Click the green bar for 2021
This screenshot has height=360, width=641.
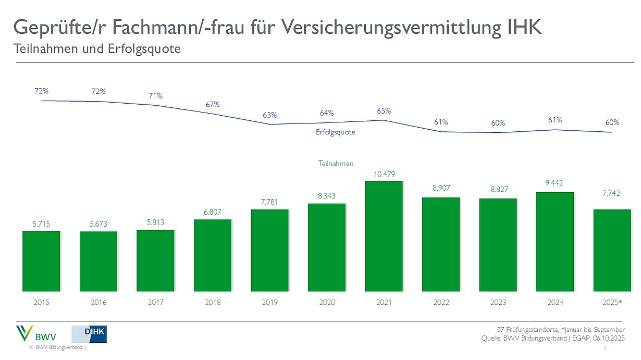click(x=384, y=235)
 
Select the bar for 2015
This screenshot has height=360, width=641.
click(x=41, y=260)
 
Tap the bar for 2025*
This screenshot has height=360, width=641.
click(x=612, y=250)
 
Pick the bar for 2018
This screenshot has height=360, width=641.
click(x=213, y=255)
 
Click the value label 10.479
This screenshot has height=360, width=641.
click(x=384, y=174)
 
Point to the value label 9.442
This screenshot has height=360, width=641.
click(x=555, y=183)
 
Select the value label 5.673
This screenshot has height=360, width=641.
click(x=98, y=224)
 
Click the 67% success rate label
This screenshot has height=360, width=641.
click(x=213, y=104)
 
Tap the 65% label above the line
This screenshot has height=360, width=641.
click(x=384, y=111)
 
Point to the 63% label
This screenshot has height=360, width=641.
click(x=270, y=115)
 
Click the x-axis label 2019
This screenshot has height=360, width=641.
click(x=270, y=302)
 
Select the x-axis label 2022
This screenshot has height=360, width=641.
click(x=441, y=302)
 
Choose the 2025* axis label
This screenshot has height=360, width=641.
click(x=612, y=302)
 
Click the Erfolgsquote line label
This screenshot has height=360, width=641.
click(x=335, y=132)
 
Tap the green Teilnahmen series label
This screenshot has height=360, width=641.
click(x=336, y=164)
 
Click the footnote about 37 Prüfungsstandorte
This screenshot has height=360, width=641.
click(x=560, y=329)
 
